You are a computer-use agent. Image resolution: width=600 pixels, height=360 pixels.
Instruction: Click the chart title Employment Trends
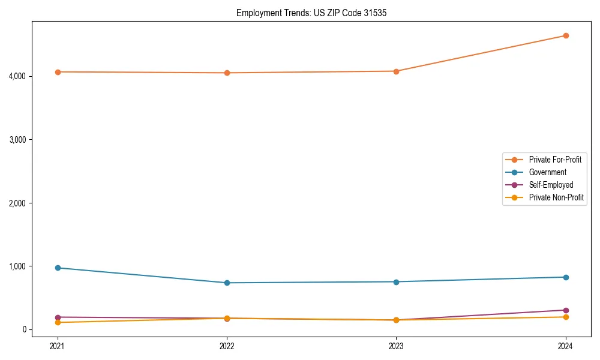307,13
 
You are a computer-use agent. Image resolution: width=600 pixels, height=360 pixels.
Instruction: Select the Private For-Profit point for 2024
566,35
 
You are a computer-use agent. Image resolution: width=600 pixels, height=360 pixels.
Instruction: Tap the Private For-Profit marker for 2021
58,72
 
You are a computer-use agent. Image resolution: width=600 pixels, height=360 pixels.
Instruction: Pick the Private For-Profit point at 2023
396,71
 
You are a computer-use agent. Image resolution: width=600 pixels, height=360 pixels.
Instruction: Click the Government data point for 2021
58,268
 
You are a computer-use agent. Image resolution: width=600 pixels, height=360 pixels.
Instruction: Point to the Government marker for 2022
227,283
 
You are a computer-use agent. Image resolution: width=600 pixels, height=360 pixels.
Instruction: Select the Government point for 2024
566,277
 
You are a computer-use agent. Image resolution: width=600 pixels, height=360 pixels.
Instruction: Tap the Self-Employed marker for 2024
566,310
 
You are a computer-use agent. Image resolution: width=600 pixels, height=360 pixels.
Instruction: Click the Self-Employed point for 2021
58,317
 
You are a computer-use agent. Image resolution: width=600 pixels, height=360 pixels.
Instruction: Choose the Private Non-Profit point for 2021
58,322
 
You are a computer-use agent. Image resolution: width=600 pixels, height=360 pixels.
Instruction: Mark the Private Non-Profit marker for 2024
566,317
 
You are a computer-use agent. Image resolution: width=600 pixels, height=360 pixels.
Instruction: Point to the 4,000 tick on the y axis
33,76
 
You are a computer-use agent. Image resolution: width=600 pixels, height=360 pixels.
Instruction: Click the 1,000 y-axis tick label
33,266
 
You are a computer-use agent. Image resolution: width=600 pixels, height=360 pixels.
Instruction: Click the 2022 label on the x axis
227,346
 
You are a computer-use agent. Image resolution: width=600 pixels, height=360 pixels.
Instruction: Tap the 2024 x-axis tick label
566,346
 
